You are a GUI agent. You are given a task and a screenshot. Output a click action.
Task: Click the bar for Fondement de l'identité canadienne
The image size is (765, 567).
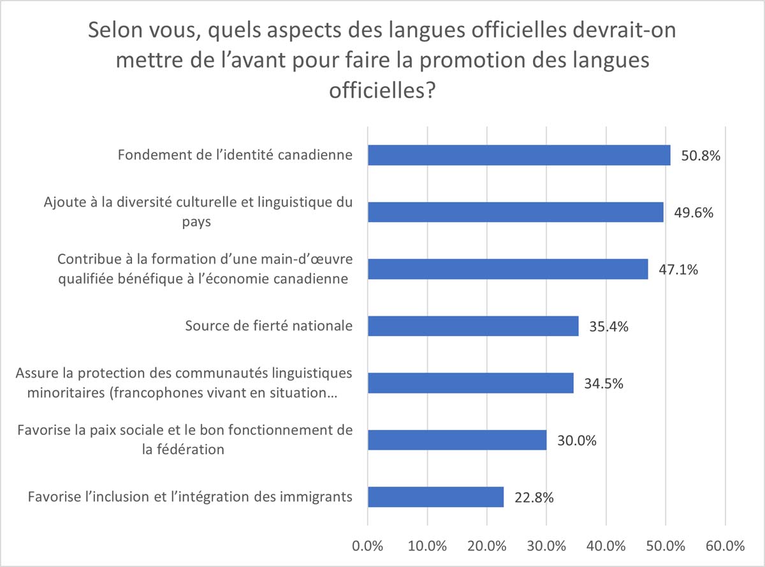point(519,155)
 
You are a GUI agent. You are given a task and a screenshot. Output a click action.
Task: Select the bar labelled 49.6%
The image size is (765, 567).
point(515,212)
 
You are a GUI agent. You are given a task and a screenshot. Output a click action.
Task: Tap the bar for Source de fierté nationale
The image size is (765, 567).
point(473,326)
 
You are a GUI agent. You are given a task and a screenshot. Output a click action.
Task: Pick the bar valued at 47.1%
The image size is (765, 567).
point(507,269)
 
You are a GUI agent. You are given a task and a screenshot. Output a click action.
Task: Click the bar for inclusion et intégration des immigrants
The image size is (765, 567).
point(435,496)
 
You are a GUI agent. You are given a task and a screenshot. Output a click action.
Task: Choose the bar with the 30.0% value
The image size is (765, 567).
point(457,439)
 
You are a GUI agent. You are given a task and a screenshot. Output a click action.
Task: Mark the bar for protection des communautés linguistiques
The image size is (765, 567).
point(470,383)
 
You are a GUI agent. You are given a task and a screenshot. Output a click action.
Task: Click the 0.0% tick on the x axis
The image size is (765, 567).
point(368,546)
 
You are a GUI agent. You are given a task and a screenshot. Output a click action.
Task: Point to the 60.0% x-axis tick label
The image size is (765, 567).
point(725,546)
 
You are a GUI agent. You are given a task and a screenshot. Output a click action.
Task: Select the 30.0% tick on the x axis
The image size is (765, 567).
point(546,546)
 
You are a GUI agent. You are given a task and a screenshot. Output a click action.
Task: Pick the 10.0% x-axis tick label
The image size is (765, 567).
point(427,546)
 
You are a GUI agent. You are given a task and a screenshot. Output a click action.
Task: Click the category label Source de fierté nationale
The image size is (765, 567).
point(268,326)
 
